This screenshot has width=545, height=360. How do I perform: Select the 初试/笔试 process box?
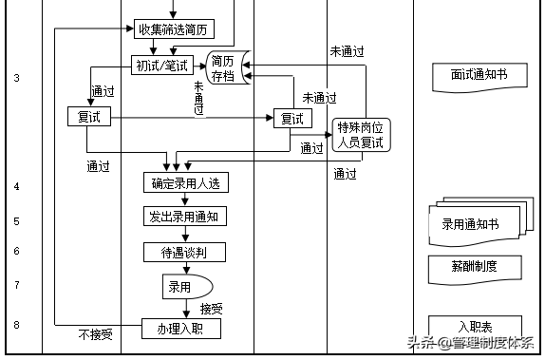[x=162, y=65]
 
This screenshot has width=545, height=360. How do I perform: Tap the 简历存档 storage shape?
[x=225, y=66]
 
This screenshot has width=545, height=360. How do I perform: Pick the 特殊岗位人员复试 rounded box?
[x=362, y=135]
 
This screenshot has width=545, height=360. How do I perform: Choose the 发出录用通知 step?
[x=185, y=217]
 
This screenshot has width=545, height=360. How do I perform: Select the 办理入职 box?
[x=181, y=328]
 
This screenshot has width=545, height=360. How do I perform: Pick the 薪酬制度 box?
[x=475, y=267]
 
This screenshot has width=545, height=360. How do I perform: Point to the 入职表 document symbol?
[x=475, y=326]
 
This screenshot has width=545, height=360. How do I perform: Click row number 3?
[x=17, y=77]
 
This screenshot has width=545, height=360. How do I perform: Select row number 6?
[x=17, y=251]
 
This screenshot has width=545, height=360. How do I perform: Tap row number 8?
[x=17, y=325]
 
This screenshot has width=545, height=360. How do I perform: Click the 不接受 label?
[x=95, y=334]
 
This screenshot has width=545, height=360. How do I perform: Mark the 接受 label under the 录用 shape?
[x=212, y=308]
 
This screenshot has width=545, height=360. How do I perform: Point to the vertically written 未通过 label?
[x=199, y=98]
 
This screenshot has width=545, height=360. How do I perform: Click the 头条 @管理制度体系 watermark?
[x=471, y=343]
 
